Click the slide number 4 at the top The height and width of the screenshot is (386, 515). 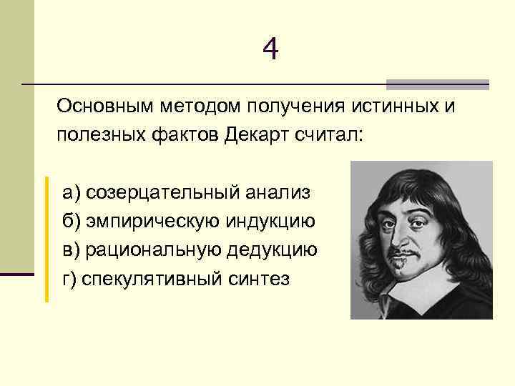(270, 49)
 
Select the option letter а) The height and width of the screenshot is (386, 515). (72, 192)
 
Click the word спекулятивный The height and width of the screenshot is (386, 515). (144, 278)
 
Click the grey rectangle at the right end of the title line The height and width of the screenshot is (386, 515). (437, 84)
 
